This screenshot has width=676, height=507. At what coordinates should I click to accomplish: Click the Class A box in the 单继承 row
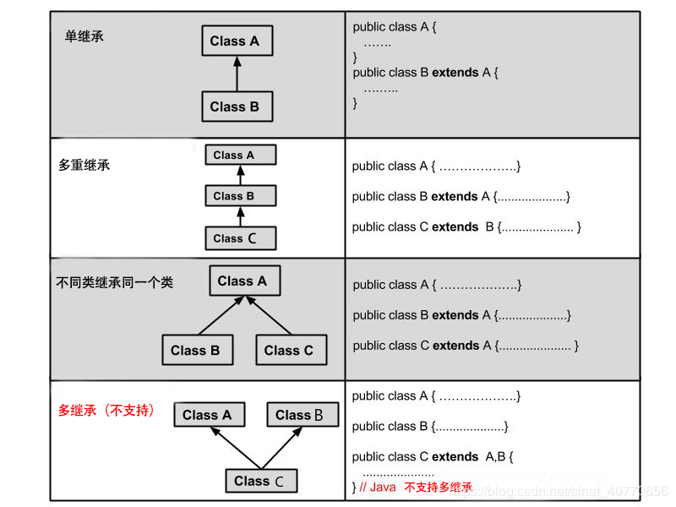[237, 41]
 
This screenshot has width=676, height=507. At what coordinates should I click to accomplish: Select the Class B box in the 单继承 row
[237, 106]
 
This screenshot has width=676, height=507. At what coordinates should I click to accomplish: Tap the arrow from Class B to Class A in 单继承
[237, 74]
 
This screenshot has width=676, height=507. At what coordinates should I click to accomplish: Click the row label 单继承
[84, 36]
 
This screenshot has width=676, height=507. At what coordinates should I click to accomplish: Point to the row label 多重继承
[84, 165]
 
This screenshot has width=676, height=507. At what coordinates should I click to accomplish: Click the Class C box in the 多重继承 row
[241, 238]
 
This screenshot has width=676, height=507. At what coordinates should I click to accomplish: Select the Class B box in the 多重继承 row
[241, 196]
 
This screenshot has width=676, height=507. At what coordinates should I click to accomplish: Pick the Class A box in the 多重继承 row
[241, 155]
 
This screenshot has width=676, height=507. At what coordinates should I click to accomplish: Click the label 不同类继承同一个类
[114, 282]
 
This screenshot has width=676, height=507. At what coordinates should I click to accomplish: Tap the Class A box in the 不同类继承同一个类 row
[244, 281]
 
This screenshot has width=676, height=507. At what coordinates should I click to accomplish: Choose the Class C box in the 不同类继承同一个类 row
[289, 350]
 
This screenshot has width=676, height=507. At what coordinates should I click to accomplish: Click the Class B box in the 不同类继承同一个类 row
[195, 350]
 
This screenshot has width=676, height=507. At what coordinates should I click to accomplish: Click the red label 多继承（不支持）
[106, 411]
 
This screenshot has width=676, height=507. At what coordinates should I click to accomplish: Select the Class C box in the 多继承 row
[261, 481]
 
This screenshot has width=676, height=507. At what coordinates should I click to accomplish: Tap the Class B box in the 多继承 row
[303, 415]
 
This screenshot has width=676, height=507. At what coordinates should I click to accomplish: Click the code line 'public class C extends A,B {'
[433, 457]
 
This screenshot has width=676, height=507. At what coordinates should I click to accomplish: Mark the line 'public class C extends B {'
[466, 227]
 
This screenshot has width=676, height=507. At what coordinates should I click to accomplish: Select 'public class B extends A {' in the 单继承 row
[425, 73]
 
